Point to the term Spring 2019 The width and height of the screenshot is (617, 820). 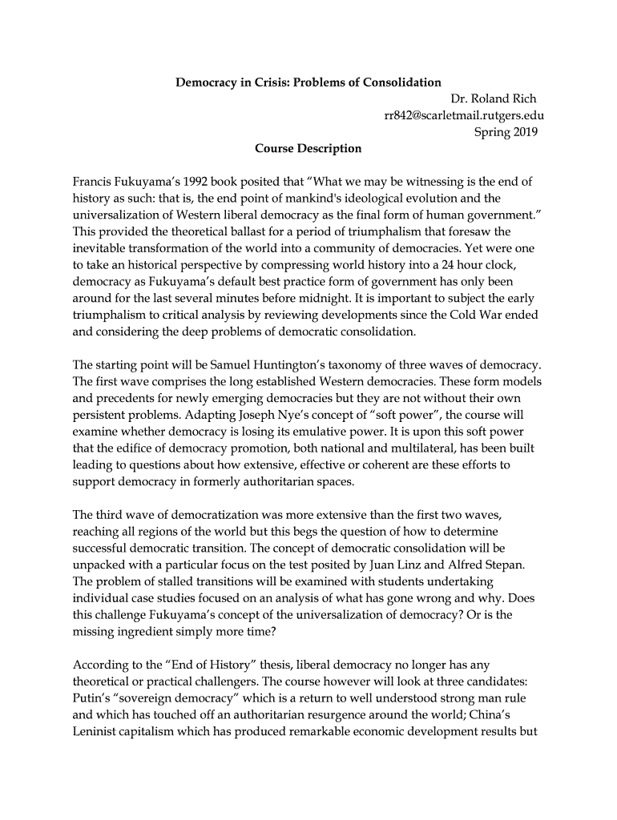506,131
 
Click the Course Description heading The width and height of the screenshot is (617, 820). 308,148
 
